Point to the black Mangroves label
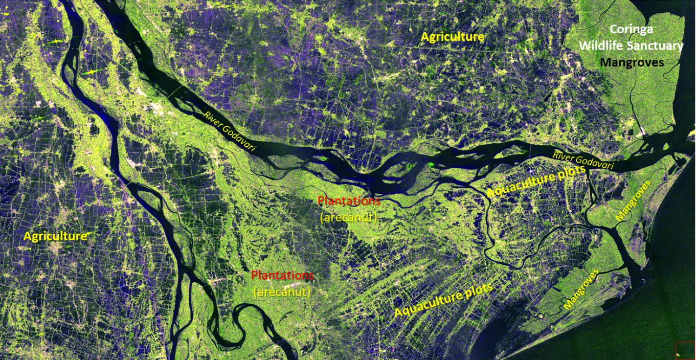click(x=632, y=62)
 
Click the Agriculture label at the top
click(x=453, y=37)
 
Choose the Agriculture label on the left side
click(x=55, y=236)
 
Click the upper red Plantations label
click(x=348, y=200)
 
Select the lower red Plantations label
click(x=282, y=275)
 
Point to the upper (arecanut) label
click(x=348, y=217)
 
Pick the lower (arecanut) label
click(x=282, y=292)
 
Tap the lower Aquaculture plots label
click(x=443, y=300)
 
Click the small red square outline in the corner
click(x=685, y=350)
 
